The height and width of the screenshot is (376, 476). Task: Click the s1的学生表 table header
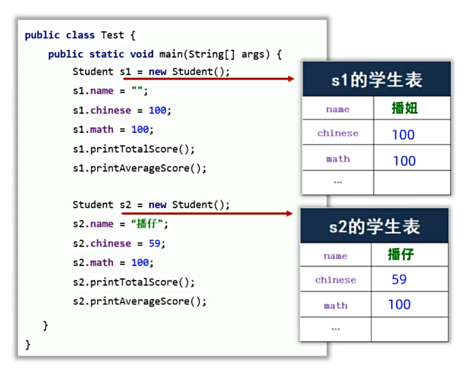point(376,80)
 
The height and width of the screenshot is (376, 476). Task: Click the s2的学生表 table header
point(374,227)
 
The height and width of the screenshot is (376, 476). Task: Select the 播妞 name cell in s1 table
point(404,108)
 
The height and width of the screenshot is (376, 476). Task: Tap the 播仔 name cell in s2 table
point(401,254)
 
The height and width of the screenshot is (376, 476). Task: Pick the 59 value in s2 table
point(399,279)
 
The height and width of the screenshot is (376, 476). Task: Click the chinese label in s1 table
point(338,133)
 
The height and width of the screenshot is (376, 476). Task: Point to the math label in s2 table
point(335,305)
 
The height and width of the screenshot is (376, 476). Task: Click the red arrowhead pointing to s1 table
point(291,79)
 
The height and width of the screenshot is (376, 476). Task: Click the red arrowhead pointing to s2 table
point(289,213)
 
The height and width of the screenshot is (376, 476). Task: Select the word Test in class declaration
point(112,35)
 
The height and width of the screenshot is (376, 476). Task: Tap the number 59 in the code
point(154,243)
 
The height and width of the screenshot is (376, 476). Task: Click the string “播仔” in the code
point(150,224)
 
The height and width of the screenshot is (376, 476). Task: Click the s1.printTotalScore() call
point(134,149)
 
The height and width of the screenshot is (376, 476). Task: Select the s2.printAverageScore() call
point(140,302)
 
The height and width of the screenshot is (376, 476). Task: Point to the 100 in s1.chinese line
point(157,110)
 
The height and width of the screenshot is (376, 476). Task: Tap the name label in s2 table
point(335,256)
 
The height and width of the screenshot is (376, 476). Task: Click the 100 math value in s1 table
point(404,161)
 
